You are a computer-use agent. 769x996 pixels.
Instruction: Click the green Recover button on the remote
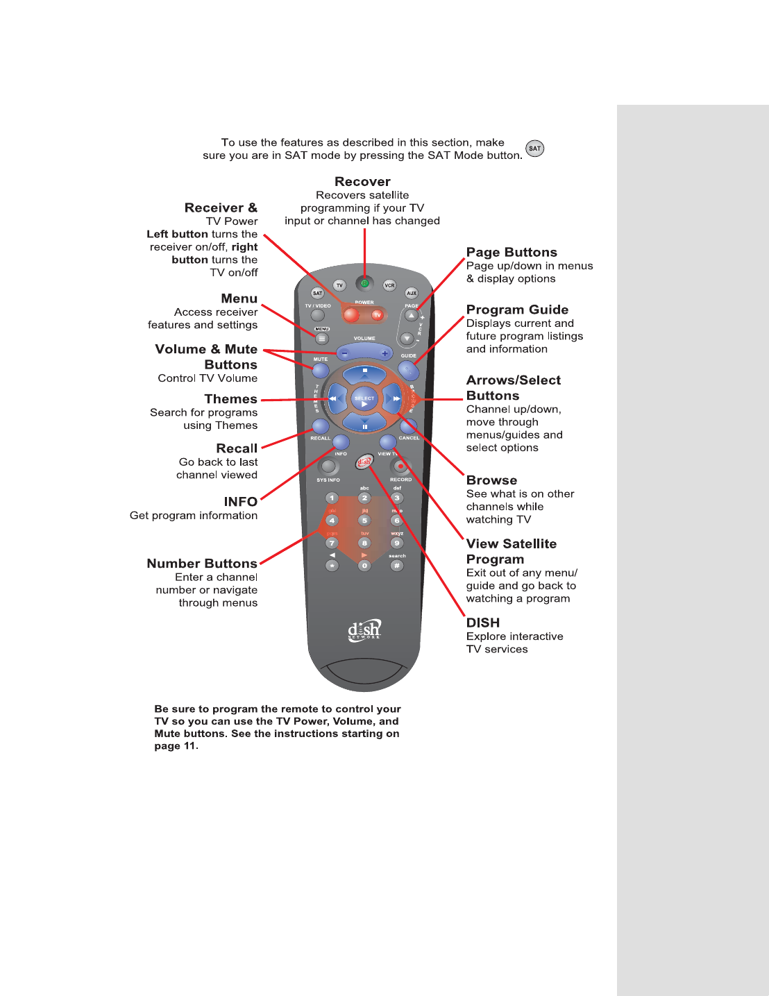(x=364, y=283)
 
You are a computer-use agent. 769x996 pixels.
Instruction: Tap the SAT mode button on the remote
(x=317, y=293)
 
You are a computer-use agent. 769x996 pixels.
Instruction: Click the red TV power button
(x=377, y=315)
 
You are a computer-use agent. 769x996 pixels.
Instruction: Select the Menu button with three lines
(x=322, y=339)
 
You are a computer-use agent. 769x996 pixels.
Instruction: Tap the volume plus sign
(x=384, y=353)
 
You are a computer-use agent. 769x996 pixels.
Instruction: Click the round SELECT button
(x=364, y=399)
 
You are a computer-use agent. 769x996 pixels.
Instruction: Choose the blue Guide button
(x=408, y=370)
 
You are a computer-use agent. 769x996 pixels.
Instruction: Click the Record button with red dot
(x=400, y=466)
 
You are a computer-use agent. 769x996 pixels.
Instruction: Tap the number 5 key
(x=364, y=521)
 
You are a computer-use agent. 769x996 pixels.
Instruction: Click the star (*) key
(x=332, y=566)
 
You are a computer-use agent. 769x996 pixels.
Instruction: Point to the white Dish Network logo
(x=364, y=630)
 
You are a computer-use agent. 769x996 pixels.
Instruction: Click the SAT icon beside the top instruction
(x=534, y=149)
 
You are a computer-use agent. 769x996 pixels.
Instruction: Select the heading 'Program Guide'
(x=517, y=310)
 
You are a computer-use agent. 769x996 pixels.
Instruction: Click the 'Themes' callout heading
(x=230, y=399)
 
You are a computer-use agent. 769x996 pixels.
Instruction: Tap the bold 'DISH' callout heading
(x=483, y=623)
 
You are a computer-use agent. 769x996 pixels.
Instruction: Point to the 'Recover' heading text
(x=362, y=182)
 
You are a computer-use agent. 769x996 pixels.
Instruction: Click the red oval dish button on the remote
(x=364, y=462)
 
